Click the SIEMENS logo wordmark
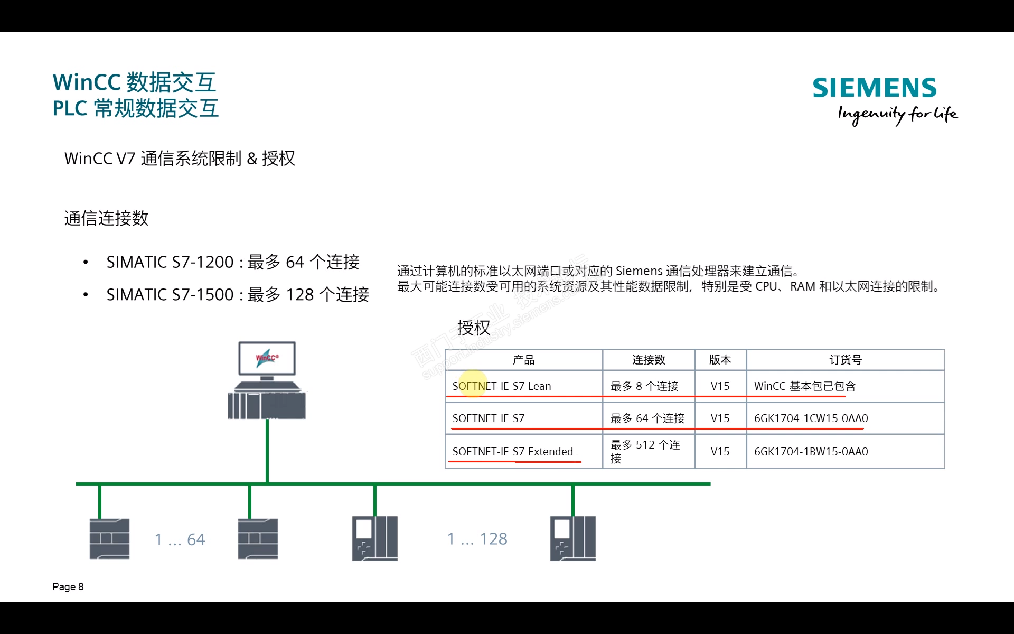coord(874,88)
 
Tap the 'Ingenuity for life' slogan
coord(897,114)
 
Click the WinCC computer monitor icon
coord(267,359)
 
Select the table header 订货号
coord(845,360)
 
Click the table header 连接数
coord(649,360)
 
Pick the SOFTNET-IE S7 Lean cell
coord(501,386)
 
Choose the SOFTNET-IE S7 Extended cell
coord(512,452)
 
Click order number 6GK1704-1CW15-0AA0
coord(811,418)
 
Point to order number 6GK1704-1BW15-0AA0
coord(811,452)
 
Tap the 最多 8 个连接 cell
coord(644,386)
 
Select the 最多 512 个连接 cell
coord(645,451)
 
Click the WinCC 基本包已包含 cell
coord(804,386)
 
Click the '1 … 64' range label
coord(180,539)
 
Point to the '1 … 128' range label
coord(477,539)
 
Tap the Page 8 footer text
coord(68,586)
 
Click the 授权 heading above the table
coord(474,328)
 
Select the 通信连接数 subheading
coord(106,218)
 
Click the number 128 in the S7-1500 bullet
coord(299,295)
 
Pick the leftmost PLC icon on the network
coord(109,539)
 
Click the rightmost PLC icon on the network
coord(573,538)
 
